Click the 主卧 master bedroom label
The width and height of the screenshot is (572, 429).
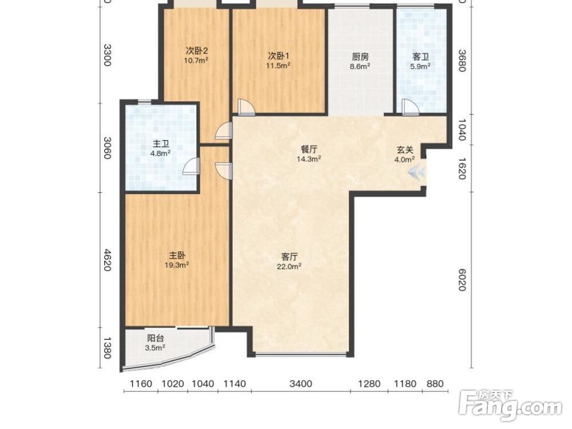coord(177,255)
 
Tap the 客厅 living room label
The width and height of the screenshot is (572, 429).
coord(289,256)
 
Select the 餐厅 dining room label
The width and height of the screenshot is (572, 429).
coord(309,149)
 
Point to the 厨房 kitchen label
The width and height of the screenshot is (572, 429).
coord(360,57)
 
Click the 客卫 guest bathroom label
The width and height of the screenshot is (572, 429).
coord(420,57)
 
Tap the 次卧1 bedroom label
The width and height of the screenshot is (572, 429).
coord(279,56)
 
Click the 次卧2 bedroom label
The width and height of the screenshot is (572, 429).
coord(197,50)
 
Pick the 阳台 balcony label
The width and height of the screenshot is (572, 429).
coord(156,338)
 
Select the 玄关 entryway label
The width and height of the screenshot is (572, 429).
coord(405,149)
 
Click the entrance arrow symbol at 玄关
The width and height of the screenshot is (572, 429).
coord(416,172)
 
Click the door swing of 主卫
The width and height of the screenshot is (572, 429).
coord(191,166)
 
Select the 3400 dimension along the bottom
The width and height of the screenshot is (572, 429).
coord(301,384)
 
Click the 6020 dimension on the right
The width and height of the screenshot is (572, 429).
coord(462,280)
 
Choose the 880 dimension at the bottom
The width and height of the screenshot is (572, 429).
coord(435,384)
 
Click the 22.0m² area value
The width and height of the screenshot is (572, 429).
coord(289,267)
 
